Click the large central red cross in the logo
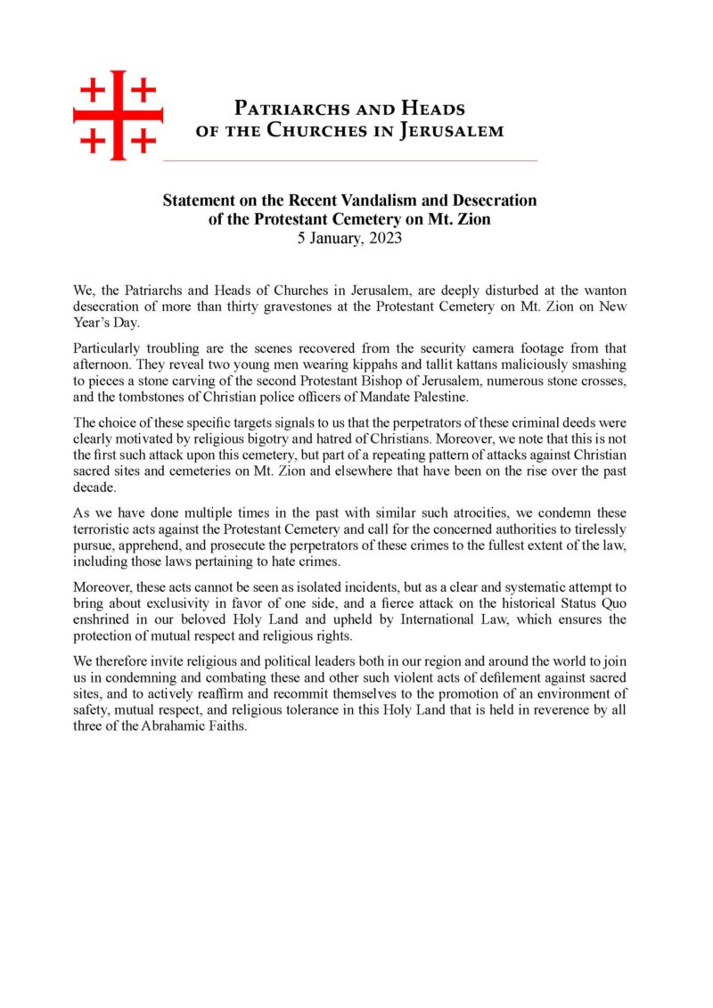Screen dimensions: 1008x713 click(x=118, y=116)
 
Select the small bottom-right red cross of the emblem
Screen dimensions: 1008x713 click(x=143, y=141)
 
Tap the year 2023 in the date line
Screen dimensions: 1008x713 click(x=383, y=238)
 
